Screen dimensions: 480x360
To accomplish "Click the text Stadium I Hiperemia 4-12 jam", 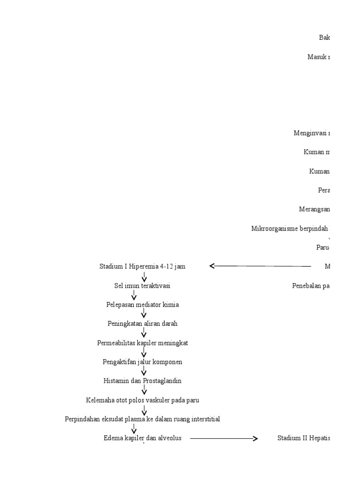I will click(142, 266).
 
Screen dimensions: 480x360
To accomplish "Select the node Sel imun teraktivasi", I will click(142, 285).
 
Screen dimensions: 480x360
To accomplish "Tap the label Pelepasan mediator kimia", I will click(142, 305).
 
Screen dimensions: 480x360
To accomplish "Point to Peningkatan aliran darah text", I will click(142, 323).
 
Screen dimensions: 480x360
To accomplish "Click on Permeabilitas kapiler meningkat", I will click(142, 343).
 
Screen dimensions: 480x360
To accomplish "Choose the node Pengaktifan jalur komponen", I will click(142, 362).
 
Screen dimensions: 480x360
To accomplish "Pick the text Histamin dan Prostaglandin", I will click(142, 381).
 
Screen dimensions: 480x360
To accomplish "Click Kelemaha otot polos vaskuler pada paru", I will click(142, 400).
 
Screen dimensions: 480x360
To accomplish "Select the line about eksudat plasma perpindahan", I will click(142, 419).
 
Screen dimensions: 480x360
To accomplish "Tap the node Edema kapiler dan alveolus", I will click(142, 438).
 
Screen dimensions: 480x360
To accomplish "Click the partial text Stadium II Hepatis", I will click(303, 438).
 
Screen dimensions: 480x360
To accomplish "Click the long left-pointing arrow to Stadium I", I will click(260, 266).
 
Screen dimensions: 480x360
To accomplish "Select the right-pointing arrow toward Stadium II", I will click(224, 439).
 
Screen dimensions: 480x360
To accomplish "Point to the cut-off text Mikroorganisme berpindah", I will click(290, 229).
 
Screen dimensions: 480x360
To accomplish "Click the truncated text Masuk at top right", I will click(318, 57).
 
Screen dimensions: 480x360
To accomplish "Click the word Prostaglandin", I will click(161, 381).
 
